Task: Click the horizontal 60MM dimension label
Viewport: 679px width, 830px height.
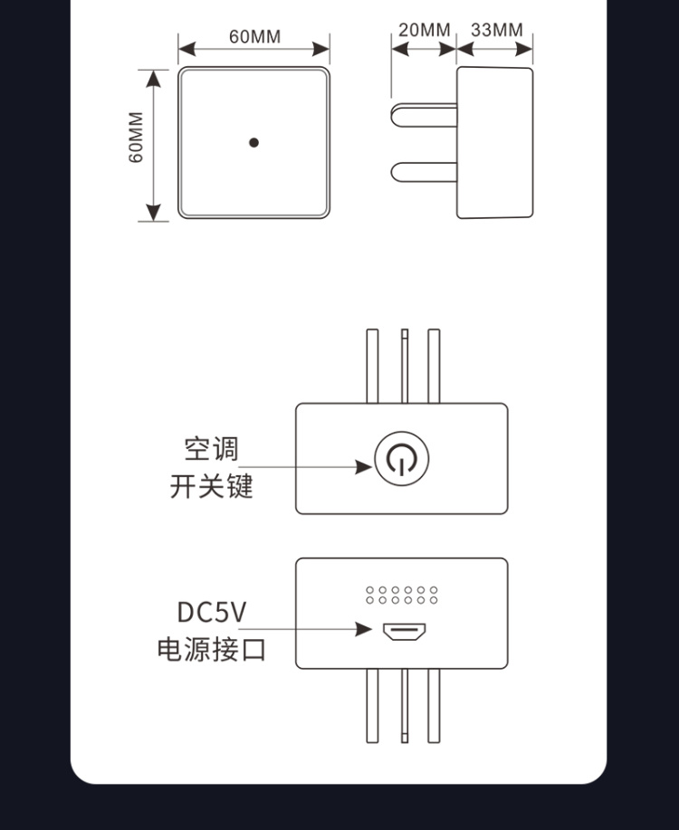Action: coord(254,37)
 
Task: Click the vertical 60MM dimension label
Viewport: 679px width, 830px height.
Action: coord(136,138)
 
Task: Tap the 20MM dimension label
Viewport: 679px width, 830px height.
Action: coord(424,30)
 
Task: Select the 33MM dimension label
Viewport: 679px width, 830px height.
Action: coord(496,30)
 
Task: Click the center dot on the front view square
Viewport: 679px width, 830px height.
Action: coord(254,142)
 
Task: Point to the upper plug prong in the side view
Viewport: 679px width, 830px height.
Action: coord(424,114)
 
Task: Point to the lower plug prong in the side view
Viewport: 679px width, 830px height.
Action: coord(424,171)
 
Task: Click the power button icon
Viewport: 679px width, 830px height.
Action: coord(401,460)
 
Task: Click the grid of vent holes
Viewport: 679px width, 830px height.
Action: coord(402,595)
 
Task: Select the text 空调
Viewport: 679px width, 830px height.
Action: coord(211,449)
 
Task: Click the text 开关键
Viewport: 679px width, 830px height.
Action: coord(211,486)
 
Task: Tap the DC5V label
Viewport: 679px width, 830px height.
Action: coord(211,613)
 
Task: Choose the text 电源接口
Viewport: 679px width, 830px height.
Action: coord(211,650)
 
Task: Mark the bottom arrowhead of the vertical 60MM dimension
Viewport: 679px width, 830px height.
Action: coord(154,212)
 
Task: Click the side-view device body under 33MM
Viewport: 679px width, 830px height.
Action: coord(494,142)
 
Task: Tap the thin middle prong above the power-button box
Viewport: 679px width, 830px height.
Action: coord(405,366)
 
